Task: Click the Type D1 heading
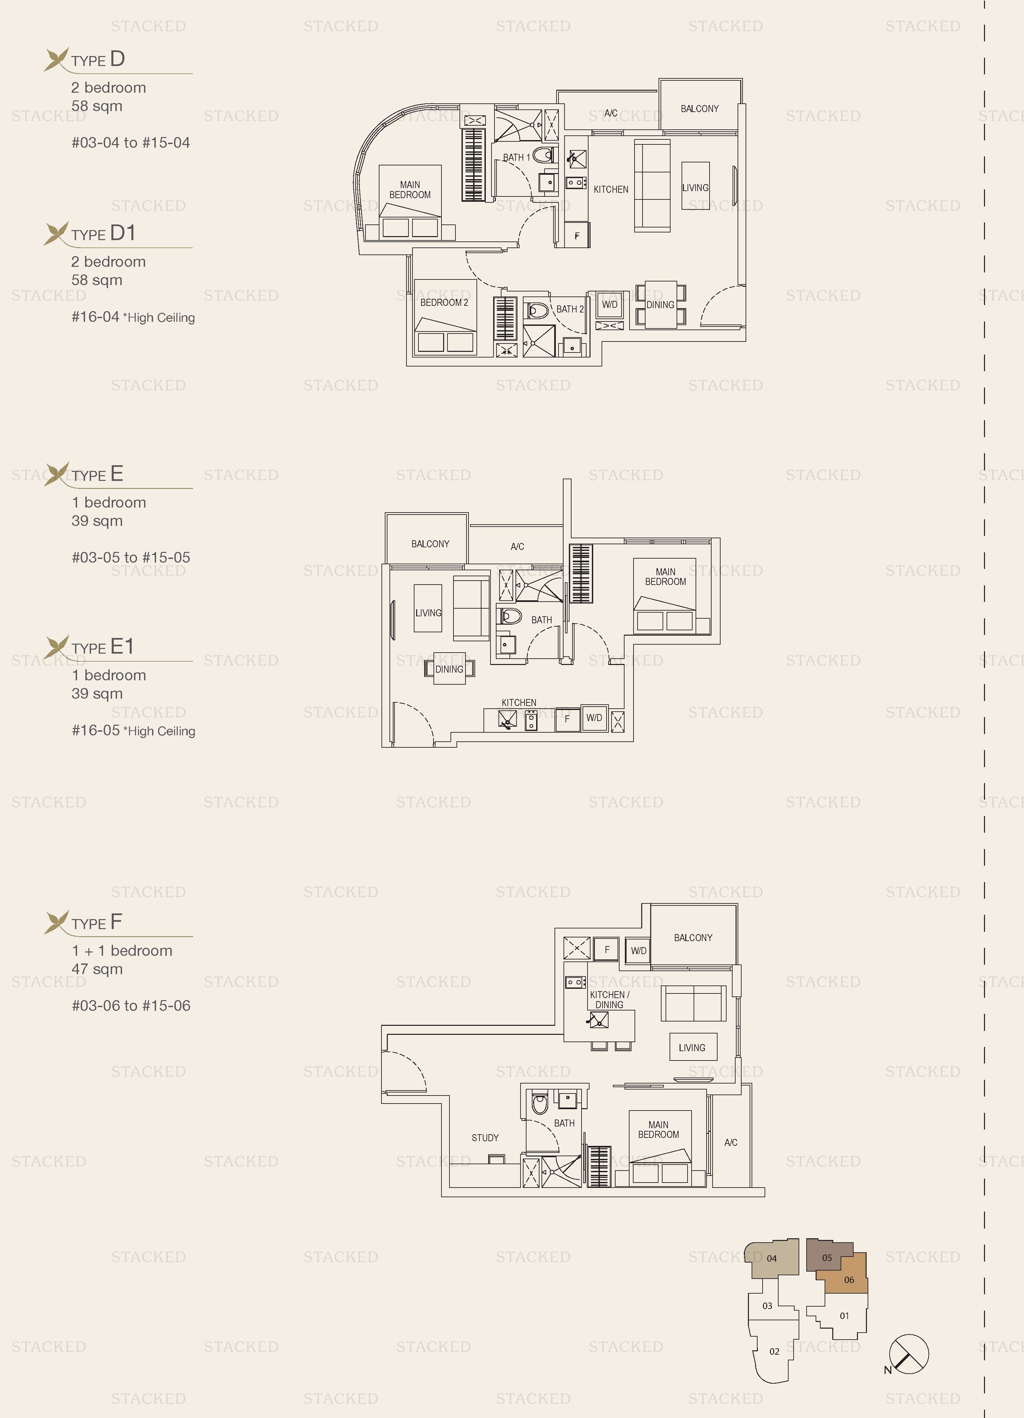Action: click(x=103, y=234)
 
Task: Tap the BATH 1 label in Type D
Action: click(x=517, y=157)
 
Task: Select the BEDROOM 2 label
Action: click(x=444, y=302)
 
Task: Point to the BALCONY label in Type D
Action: click(x=700, y=109)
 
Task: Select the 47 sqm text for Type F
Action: click(x=97, y=969)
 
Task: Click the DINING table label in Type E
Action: click(x=449, y=669)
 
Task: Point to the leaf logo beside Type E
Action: click(x=57, y=473)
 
